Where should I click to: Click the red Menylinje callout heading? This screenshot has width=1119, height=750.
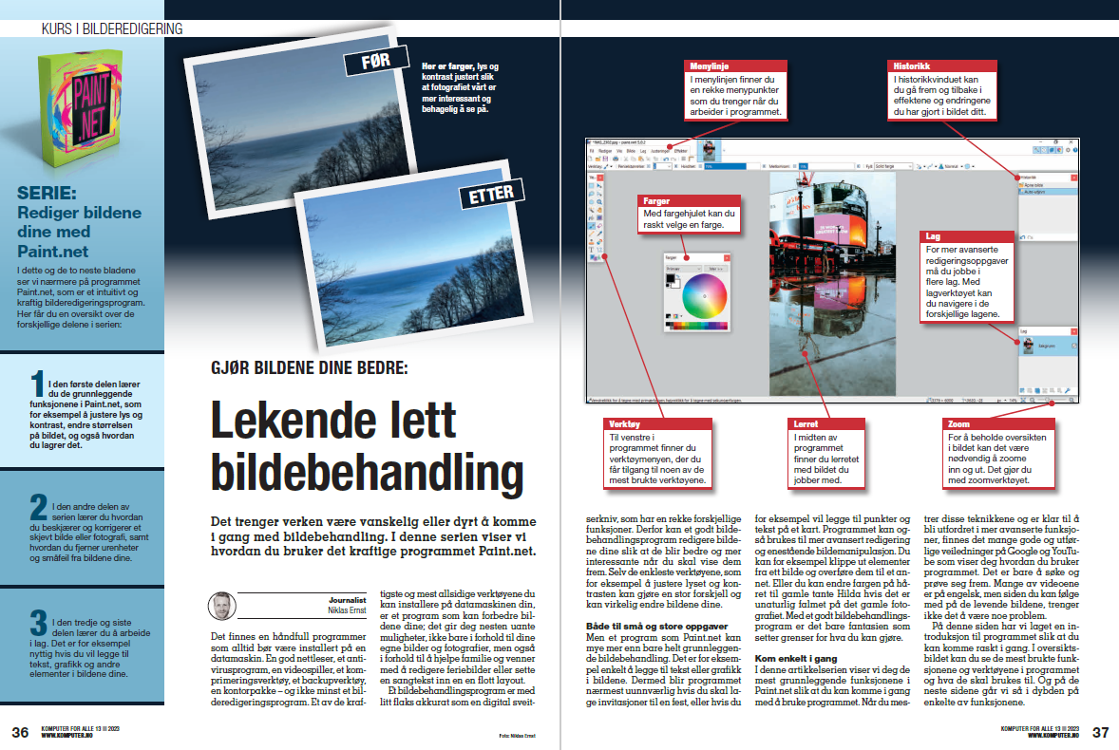[x=710, y=66]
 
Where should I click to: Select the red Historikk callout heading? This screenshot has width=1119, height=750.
[x=910, y=66]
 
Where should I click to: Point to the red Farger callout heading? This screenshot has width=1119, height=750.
[x=657, y=201]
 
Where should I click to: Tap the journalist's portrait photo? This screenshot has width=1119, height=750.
[x=221, y=607]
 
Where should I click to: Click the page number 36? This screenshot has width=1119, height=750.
[x=20, y=732]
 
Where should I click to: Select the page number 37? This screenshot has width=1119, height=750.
[x=1100, y=732]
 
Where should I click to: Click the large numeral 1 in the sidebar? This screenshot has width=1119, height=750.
[x=37, y=383]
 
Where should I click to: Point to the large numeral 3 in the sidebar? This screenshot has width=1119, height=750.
[x=38, y=623]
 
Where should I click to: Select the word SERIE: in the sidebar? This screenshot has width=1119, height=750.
[x=51, y=196]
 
